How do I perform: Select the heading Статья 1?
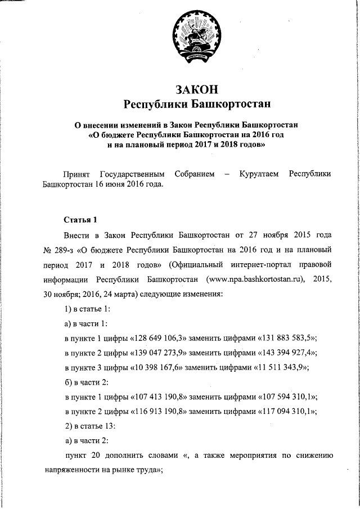point(80,218)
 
